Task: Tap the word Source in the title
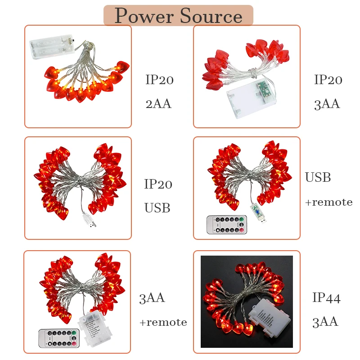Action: point(211,16)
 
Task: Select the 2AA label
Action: point(158,104)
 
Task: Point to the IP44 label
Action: point(326,298)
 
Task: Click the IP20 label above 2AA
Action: point(159,81)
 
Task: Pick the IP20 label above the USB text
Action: point(158,184)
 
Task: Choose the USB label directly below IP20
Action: point(157,208)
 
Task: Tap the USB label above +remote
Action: point(318,178)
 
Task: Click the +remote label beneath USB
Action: point(328,202)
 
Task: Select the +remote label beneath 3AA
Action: point(162,322)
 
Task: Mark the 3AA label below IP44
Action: point(325,322)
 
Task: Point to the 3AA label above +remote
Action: point(152,298)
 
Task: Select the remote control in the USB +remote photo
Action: point(226,225)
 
